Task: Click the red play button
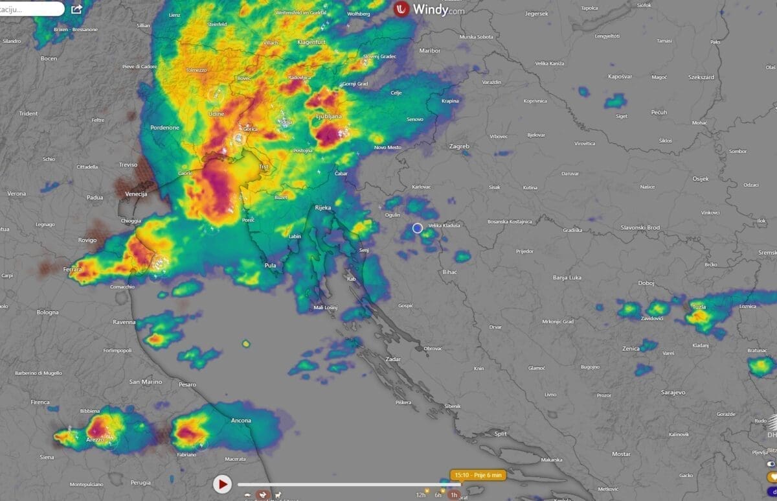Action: pyautogui.click(x=222, y=484)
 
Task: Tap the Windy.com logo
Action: pyautogui.click(x=429, y=10)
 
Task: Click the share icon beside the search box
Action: pyautogui.click(x=76, y=9)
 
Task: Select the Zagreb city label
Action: pyautogui.click(x=459, y=146)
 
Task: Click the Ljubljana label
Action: pyautogui.click(x=328, y=117)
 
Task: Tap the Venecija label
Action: pyautogui.click(x=136, y=194)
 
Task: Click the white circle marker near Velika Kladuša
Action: pyautogui.click(x=418, y=227)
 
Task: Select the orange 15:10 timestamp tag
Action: pyautogui.click(x=478, y=475)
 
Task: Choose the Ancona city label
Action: pyautogui.click(x=241, y=421)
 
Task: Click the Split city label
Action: pyautogui.click(x=500, y=434)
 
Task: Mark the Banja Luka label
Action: pyautogui.click(x=567, y=277)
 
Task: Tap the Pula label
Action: pyautogui.click(x=270, y=266)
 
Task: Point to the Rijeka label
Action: pyautogui.click(x=322, y=207)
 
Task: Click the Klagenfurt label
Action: pyautogui.click(x=310, y=42)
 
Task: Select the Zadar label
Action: pyautogui.click(x=393, y=359)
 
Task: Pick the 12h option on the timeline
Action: pyautogui.click(x=421, y=495)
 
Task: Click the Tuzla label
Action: pyautogui.click(x=699, y=307)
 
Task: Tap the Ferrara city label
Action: pyautogui.click(x=73, y=269)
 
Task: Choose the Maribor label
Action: pyautogui.click(x=430, y=51)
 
